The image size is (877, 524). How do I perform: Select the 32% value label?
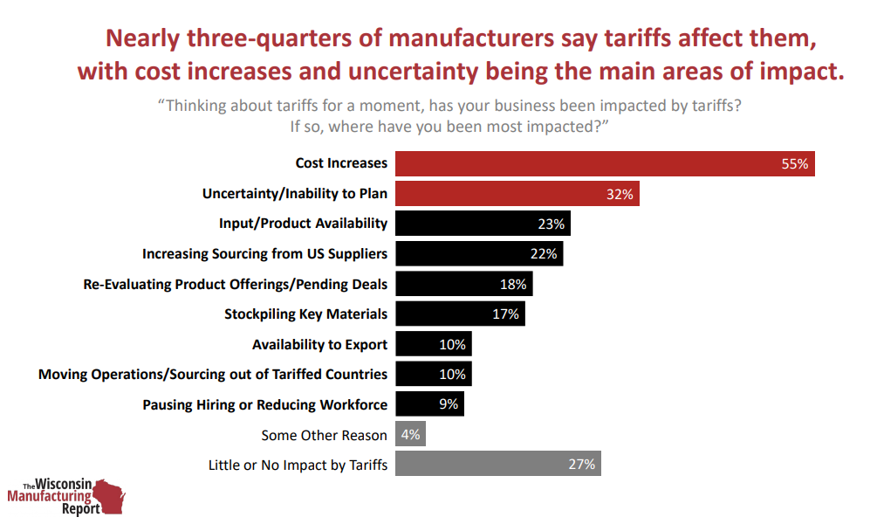coord(619,194)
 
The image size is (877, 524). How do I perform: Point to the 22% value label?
coord(543,254)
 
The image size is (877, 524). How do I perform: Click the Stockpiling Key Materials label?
coord(305,314)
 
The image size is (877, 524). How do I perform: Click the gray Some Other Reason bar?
coord(410,434)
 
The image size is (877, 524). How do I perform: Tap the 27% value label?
coord(581,465)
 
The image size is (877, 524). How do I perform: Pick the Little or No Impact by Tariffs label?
coord(298,465)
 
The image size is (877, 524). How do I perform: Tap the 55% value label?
coord(794,163)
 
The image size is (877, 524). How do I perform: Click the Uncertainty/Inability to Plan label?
coord(294,194)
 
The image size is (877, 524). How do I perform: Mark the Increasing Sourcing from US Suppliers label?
coord(264,254)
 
